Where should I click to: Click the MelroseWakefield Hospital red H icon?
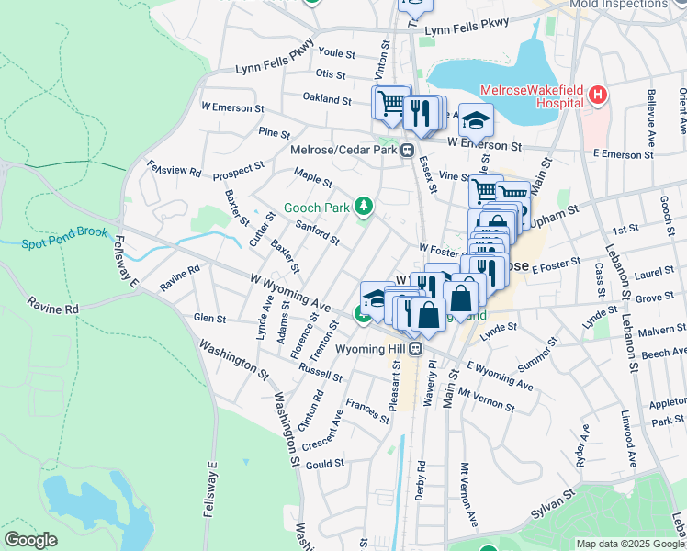[x=598, y=95]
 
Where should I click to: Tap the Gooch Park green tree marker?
[x=365, y=207]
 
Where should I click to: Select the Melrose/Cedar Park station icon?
[x=407, y=152]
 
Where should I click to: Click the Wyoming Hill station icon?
[x=415, y=349]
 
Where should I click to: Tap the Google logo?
[x=30, y=540]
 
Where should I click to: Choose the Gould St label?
[x=324, y=465]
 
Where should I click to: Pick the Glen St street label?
[x=209, y=318]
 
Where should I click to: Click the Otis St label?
[x=330, y=73]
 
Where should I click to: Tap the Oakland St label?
[x=327, y=98]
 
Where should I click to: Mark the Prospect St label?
[x=239, y=172]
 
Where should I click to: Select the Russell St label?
[x=321, y=374]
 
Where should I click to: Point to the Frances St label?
[x=368, y=411]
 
